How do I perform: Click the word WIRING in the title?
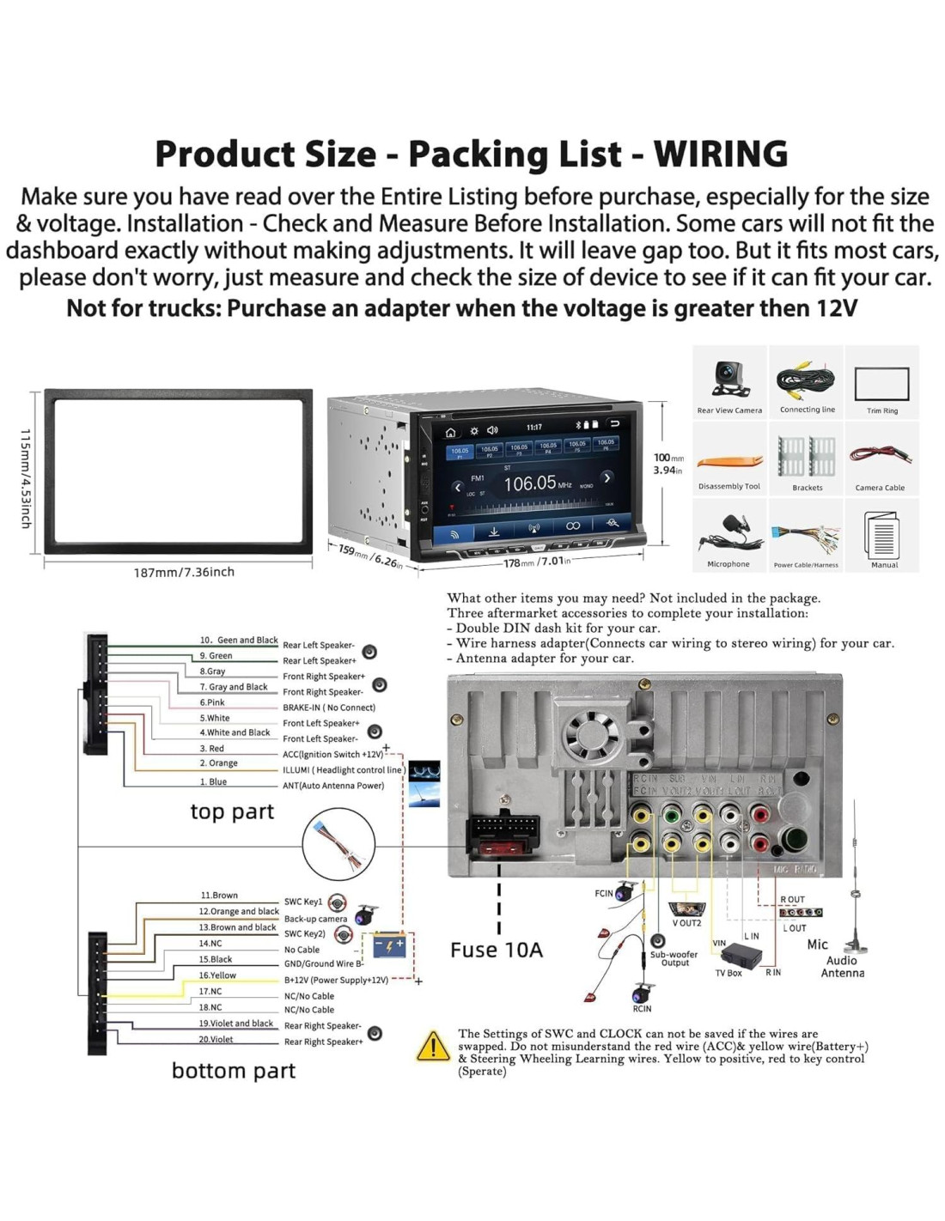pyautogui.click(x=720, y=155)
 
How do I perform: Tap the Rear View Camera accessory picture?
pyautogui.click(x=729, y=379)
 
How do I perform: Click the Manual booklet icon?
pyautogui.click(x=882, y=535)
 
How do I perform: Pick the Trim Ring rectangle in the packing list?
pyautogui.click(x=881, y=384)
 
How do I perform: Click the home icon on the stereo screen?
pyautogui.click(x=450, y=432)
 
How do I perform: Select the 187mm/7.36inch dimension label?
pyautogui.click(x=184, y=572)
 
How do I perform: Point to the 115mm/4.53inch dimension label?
pyautogui.click(x=26, y=478)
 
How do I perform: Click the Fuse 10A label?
pyautogui.click(x=497, y=950)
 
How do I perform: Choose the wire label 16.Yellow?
pyautogui.click(x=217, y=975)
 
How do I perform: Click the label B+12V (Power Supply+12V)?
pyautogui.click(x=336, y=980)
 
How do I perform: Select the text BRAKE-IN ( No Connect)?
pyautogui.click(x=329, y=708)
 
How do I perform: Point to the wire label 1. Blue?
pyautogui.click(x=213, y=781)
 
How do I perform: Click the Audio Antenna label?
pyautogui.click(x=842, y=967)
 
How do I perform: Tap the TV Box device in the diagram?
pyautogui.click(x=740, y=955)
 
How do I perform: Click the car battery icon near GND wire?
pyautogui.click(x=389, y=945)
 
